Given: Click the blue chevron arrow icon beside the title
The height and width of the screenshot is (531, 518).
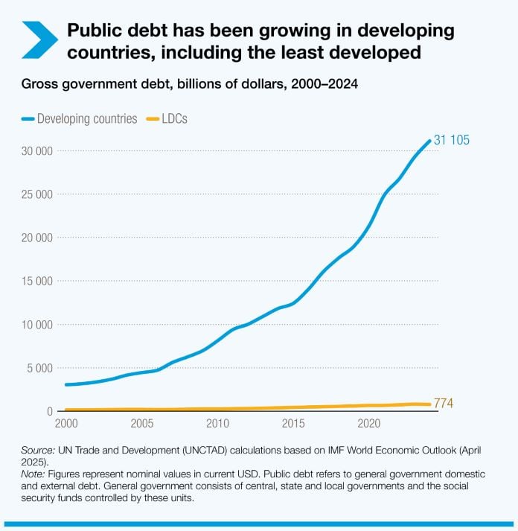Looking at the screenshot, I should [x=39, y=40].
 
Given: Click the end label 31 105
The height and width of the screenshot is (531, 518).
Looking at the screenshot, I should [x=452, y=141].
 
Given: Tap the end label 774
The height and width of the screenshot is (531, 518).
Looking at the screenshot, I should [x=444, y=404].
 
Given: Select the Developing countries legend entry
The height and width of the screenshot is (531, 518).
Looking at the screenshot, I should [x=80, y=118].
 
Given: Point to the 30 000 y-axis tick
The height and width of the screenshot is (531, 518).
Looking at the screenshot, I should [x=36, y=151].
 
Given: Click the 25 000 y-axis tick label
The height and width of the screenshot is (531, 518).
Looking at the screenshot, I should [x=36, y=194].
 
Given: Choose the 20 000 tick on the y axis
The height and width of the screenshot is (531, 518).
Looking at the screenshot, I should [x=36, y=238].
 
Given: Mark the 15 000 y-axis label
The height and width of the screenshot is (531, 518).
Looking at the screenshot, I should [x=36, y=281].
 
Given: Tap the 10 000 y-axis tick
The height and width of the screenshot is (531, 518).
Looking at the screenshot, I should [x=36, y=325].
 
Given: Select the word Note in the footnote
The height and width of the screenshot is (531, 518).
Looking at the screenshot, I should [x=33, y=471].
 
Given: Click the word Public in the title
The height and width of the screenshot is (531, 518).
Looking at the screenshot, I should [x=92, y=31].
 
